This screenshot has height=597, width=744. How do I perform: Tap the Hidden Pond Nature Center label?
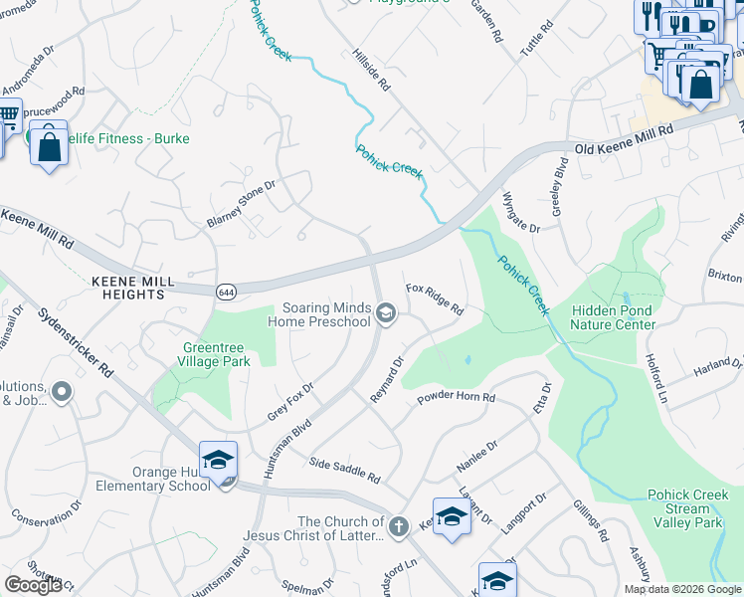coord(613,317)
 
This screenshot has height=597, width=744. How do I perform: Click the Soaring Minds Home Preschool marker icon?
coord(386,315)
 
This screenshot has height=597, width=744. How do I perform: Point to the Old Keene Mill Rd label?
coord(625,140)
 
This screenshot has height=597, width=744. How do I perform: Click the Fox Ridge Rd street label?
coord(436,298)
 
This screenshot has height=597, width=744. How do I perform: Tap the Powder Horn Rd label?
coord(457,397)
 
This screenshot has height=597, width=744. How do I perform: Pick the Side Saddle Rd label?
coord(345,470)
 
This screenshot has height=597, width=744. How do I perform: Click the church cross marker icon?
coord(399,526)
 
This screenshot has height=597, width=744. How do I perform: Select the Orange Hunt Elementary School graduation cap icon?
coord(218,461)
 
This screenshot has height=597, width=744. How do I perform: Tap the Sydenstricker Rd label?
coord(76,340)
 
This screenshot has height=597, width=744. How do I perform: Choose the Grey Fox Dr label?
coord(290,400)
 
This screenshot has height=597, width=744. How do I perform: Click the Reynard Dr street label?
coord(387,380)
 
